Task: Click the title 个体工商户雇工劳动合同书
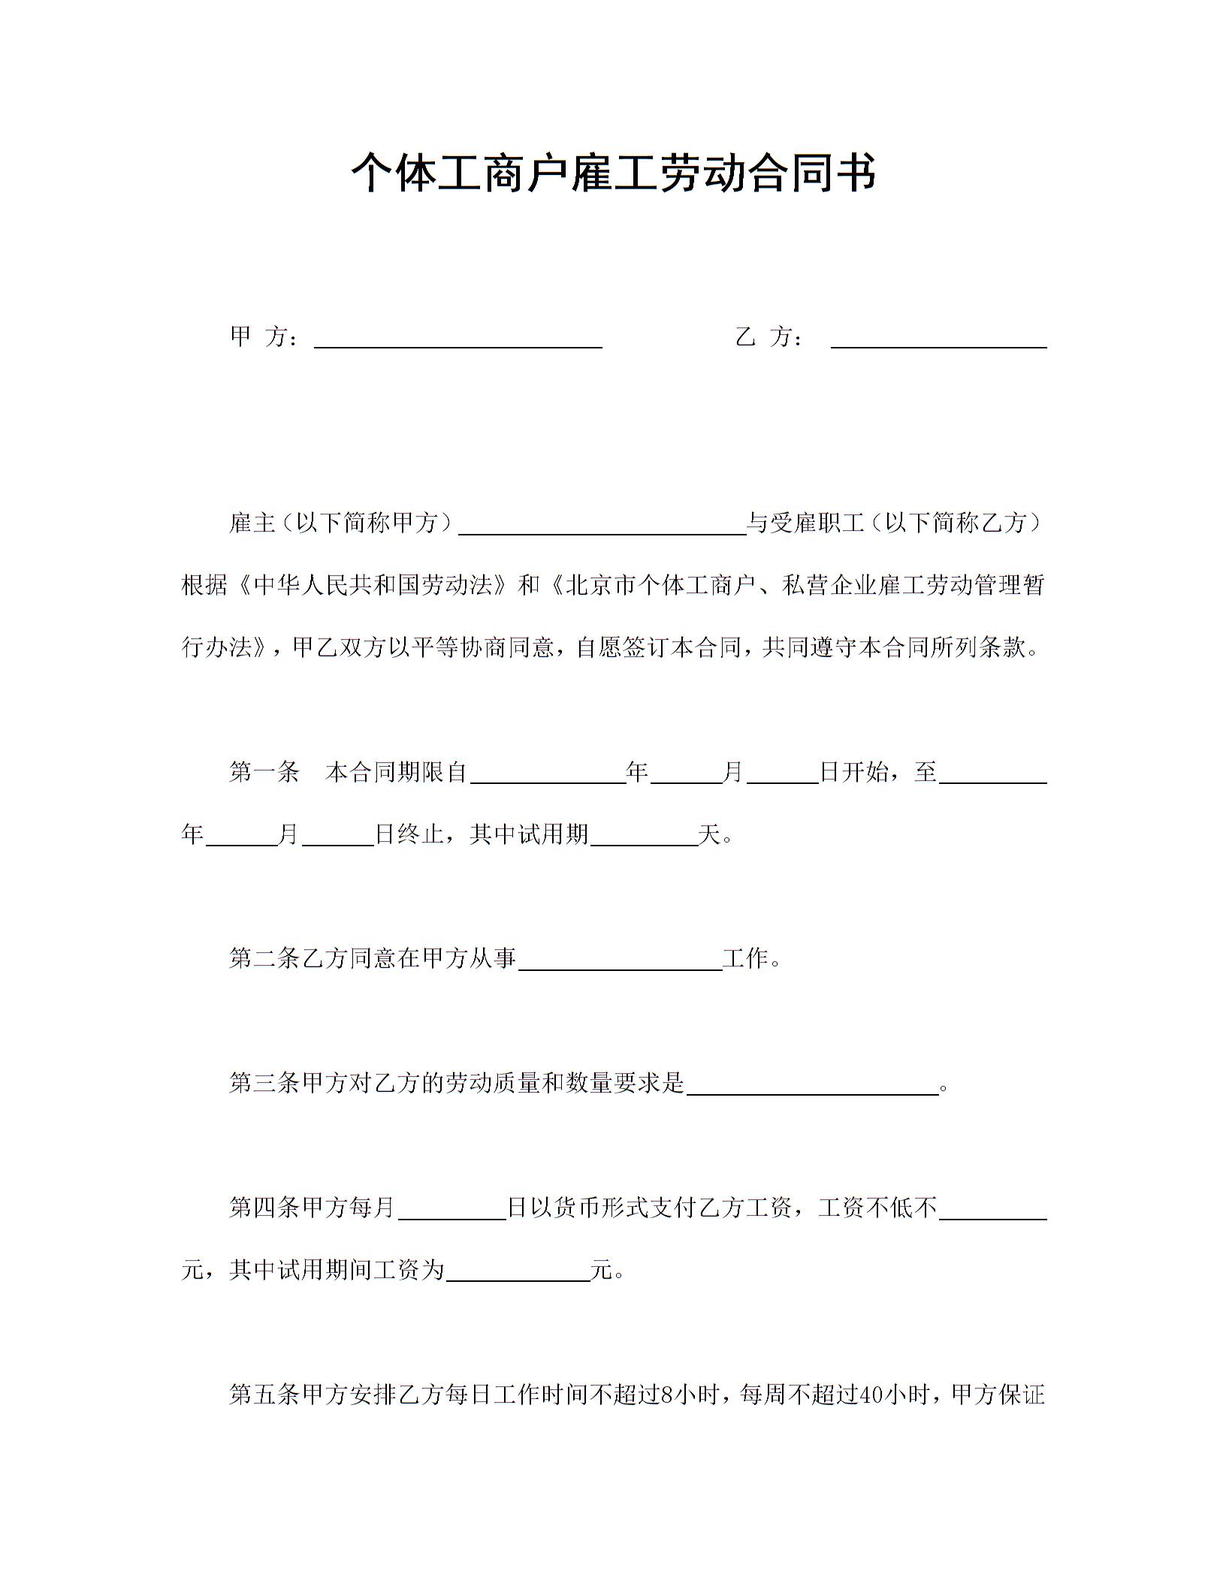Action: (613, 173)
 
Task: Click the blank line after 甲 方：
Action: (457, 339)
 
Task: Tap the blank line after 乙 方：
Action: (938, 339)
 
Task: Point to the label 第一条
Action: (264, 773)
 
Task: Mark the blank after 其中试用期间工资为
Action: (518, 1273)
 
